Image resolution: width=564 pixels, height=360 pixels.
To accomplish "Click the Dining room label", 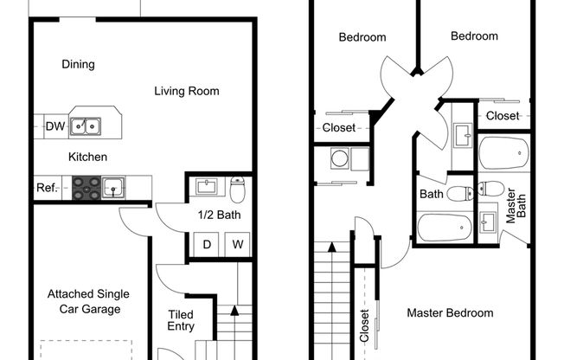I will pos(78,64).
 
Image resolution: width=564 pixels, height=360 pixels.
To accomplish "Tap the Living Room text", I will pos(187,91).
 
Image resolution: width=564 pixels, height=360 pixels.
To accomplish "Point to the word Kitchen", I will pos(87,157).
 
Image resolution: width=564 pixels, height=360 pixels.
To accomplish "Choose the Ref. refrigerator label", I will pos(47,188).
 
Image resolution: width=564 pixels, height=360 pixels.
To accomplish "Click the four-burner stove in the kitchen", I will pos(86,187).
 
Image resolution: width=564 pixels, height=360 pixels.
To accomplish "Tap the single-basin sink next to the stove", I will pos(113,187).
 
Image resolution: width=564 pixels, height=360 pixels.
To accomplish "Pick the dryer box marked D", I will pos(207,245).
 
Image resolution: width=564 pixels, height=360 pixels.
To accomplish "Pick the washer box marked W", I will pos(237,245).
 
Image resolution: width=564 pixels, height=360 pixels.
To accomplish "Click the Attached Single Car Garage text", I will pos(83,301).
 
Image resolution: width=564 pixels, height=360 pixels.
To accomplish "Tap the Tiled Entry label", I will pos(181,320).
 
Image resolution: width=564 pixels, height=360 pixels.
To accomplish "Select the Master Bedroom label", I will pos(450,312).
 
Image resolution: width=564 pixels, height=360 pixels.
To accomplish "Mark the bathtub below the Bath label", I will pos(445,228).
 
